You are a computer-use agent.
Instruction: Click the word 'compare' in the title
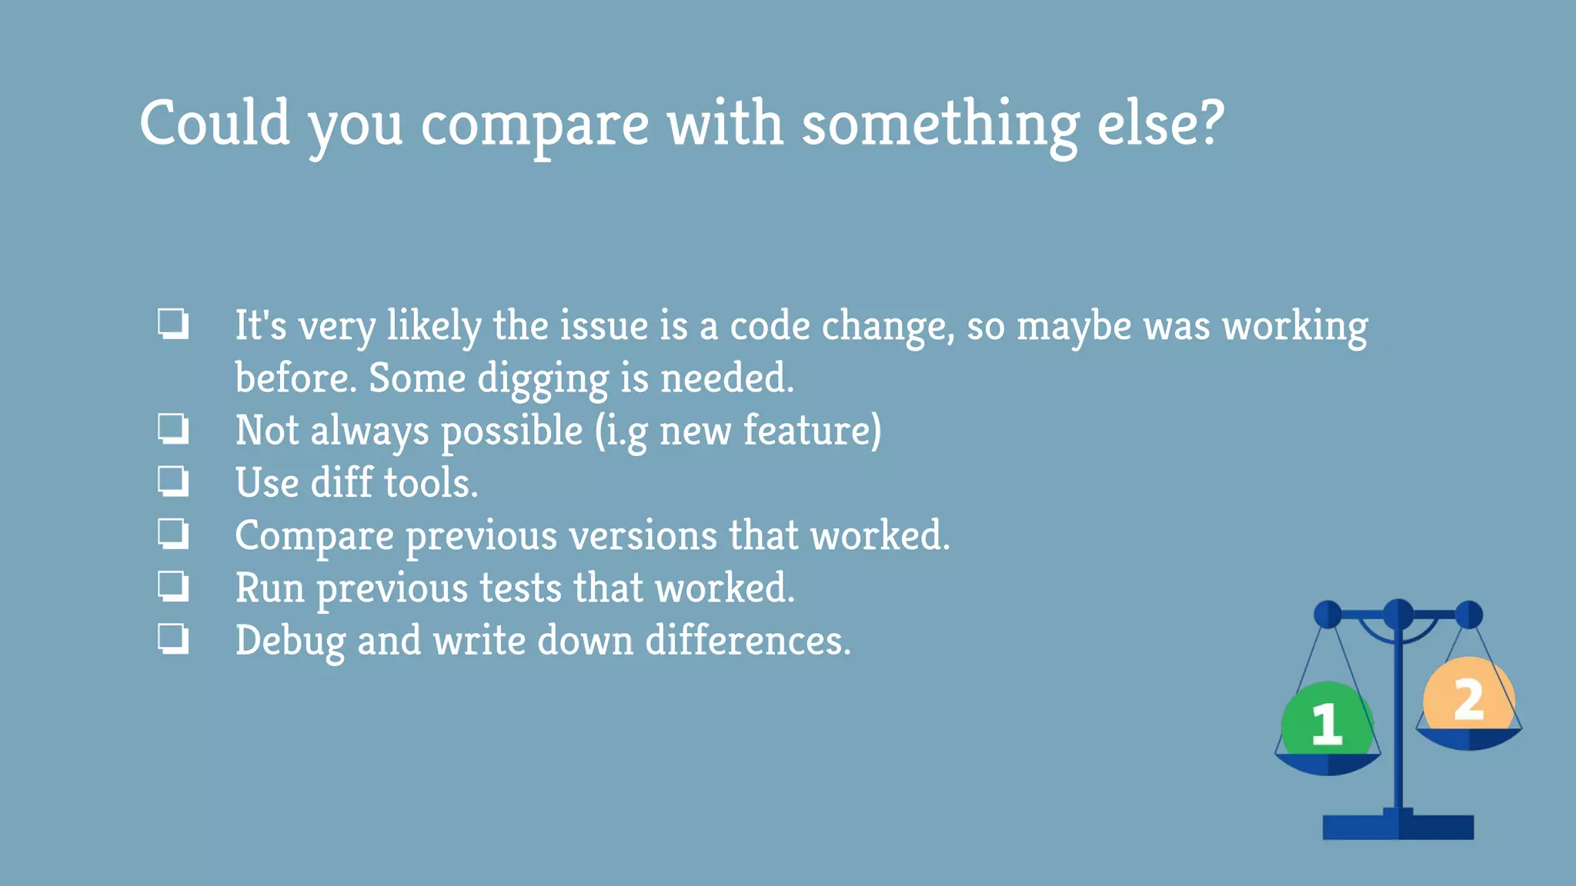click(534, 125)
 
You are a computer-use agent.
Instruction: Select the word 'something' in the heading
click(940, 125)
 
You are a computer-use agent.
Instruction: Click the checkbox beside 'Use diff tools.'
click(173, 482)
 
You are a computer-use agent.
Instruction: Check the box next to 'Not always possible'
click(173, 429)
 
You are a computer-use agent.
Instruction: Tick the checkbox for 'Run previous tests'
click(173, 588)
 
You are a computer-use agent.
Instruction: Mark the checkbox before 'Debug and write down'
click(173, 639)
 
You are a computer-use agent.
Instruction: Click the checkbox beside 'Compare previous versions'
click(173, 535)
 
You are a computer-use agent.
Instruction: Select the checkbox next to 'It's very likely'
click(173, 324)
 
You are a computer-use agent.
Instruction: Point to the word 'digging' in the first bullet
click(543, 379)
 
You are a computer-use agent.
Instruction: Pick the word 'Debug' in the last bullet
click(290, 641)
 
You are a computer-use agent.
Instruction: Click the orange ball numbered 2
click(1468, 697)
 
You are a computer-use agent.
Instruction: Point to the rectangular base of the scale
click(1397, 826)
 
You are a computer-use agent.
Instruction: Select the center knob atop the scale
click(1397, 615)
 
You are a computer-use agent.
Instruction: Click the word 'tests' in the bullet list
click(520, 588)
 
